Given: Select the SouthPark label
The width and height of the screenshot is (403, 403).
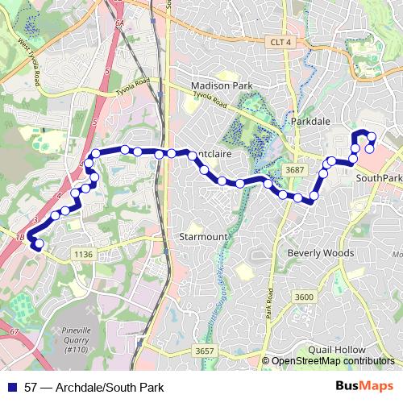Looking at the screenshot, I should click(378, 178).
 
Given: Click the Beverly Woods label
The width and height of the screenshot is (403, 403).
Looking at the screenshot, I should click(321, 252).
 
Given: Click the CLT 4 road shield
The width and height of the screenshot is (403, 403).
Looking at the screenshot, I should click(281, 42).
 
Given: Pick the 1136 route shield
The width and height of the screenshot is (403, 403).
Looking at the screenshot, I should click(84, 254).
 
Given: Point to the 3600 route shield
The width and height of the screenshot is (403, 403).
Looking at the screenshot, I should click(304, 298).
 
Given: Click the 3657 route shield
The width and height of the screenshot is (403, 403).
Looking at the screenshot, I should click(205, 351).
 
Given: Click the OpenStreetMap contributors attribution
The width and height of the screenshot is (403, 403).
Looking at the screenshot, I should click(333, 362).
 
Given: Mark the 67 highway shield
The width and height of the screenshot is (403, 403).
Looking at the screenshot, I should click(14, 332).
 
